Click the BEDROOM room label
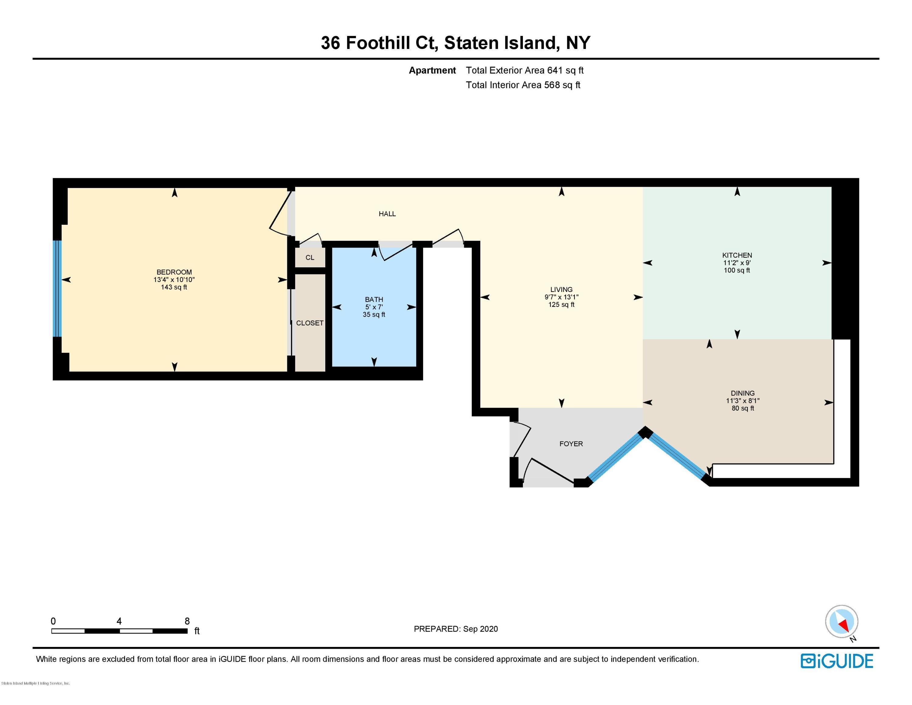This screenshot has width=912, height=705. tap(174, 272)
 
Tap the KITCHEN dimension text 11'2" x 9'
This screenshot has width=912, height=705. tap(737, 263)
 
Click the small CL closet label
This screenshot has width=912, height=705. tap(309, 258)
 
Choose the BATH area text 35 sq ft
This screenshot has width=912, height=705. tap(374, 314)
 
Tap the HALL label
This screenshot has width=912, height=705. tap(387, 214)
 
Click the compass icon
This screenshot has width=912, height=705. tap(841, 621)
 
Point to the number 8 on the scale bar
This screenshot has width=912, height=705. tap(187, 621)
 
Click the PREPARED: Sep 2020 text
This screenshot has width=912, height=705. tap(456, 629)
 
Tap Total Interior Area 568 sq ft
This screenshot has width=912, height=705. tap(523, 85)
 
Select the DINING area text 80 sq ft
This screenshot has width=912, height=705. tap(742, 408)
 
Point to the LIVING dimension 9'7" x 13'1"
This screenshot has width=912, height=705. tap(561, 297)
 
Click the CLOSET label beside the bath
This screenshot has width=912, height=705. tap(309, 323)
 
